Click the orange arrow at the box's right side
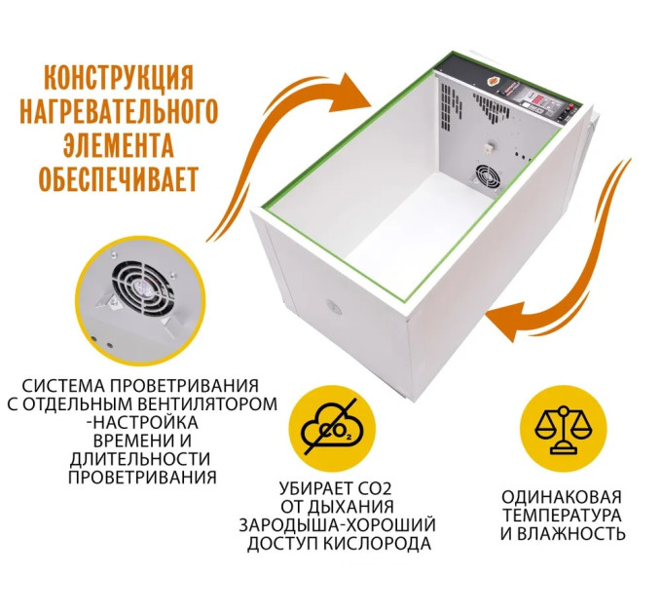(574, 263)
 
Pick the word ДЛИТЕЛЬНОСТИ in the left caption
(142, 459)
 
